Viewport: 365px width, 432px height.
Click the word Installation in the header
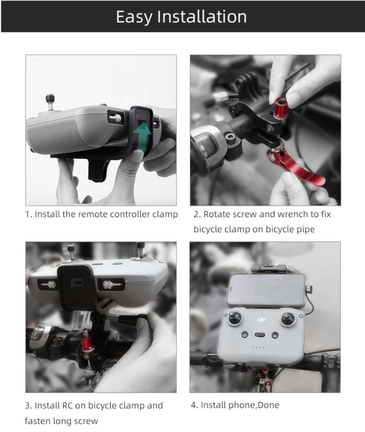202,17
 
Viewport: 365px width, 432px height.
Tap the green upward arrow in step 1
142,135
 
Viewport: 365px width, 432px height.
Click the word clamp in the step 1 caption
165,214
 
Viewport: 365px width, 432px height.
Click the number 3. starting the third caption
28,406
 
